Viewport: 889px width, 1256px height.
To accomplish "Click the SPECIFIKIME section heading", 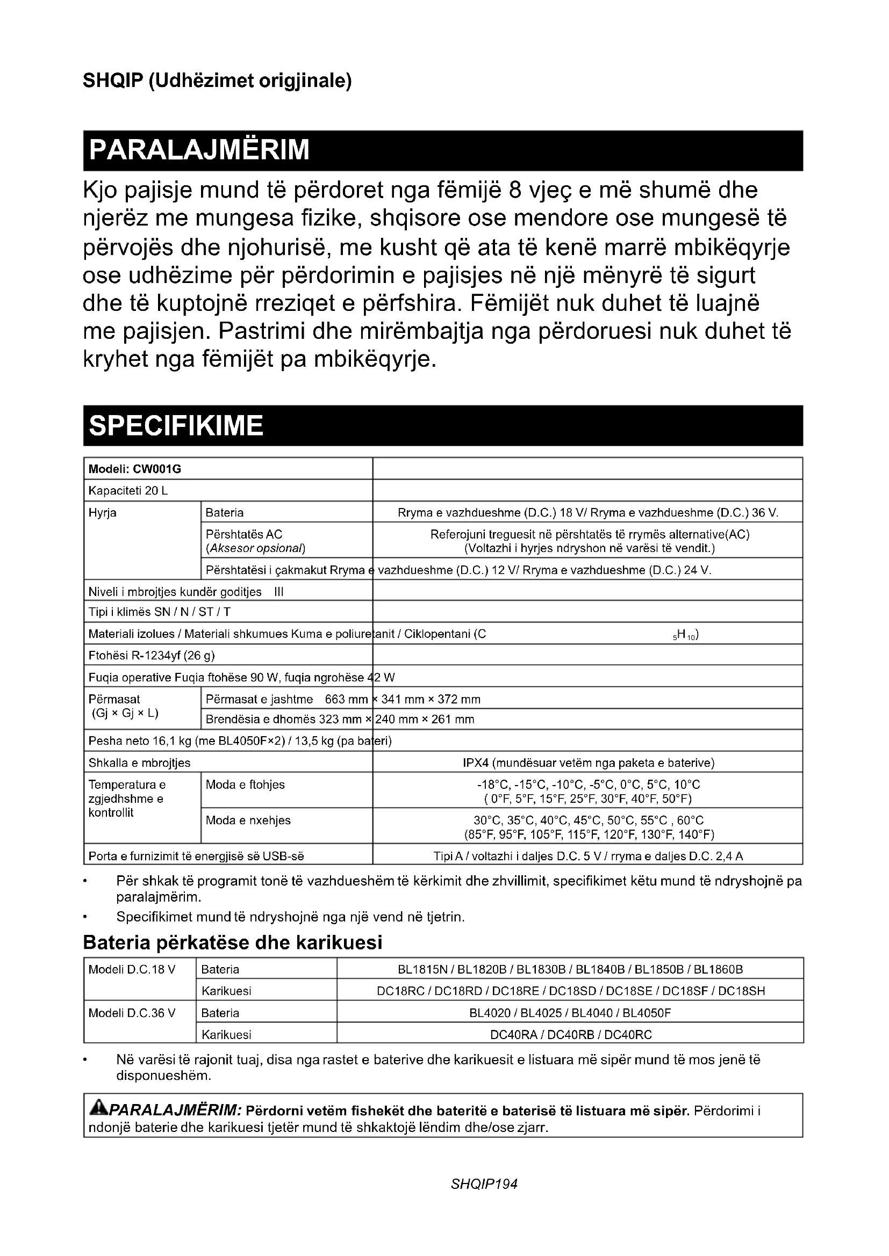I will pos(176,426).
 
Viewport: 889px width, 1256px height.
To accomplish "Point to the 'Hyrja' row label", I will pos(102,513).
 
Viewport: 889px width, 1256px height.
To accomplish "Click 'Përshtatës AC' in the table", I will pos(243,534).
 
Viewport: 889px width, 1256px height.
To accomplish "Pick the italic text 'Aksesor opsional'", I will pos(255,548).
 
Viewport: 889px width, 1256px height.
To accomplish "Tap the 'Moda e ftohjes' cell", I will pos(245,785).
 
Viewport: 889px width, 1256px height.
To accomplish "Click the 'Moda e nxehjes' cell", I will pos(247,820).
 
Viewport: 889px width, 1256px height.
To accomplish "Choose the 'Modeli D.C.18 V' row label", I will pos(132,969).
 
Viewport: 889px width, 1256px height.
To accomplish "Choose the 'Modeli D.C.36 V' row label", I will pos(132,1013).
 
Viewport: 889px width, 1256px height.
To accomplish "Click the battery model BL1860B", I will pos(718,969).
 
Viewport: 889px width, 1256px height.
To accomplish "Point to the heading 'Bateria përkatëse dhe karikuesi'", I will pos(232,942).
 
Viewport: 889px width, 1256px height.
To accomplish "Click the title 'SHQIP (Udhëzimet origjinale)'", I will pos(217,81).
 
